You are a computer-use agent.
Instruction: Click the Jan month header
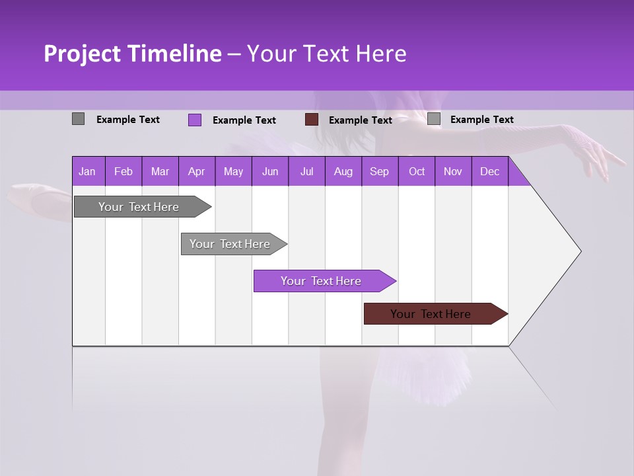tap(87, 171)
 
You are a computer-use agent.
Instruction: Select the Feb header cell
tap(123, 171)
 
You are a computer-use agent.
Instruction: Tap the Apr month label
tap(196, 171)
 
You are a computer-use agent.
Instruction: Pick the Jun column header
tap(269, 171)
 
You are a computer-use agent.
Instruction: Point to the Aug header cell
tap(343, 171)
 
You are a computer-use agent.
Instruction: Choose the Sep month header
tap(379, 171)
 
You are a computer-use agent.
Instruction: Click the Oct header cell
tap(416, 171)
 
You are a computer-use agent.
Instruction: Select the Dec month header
tap(489, 171)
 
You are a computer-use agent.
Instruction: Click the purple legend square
tap(195, 120)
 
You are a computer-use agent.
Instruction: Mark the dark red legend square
tap(312, 120)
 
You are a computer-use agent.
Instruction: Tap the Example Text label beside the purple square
tap(244, 120)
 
